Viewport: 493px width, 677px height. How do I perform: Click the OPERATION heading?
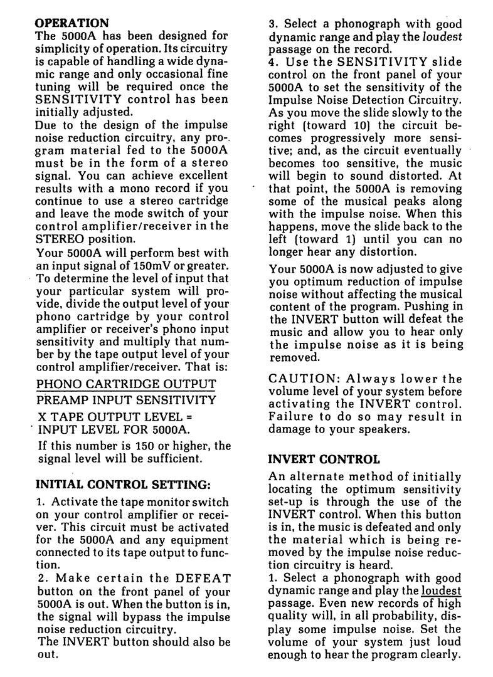click(72, 23)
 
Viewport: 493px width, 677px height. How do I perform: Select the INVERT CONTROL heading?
click(324, 459)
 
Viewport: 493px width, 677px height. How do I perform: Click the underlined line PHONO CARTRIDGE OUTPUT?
click(126, 384)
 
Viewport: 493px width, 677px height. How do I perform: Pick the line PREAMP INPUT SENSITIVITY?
click(126, 399)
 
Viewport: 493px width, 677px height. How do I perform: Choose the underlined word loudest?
click(442, 590)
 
